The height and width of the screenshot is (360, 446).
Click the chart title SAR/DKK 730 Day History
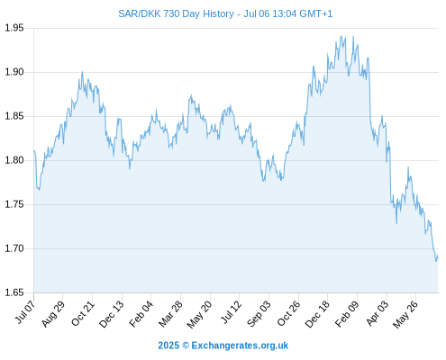click(176, 13)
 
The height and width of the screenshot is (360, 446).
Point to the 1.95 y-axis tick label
click(14, 28)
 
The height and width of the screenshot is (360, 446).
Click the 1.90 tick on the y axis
click(14, 72)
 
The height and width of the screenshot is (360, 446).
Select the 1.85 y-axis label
click(14, 116)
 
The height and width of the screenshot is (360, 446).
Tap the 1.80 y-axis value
click(14, 160)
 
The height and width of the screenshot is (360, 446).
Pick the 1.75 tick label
click(14, 204)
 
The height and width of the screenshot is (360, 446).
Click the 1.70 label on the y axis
click(14, 248)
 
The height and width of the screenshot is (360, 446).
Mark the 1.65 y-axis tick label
click(14, 292)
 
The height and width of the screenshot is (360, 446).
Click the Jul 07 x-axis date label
click(25, 312)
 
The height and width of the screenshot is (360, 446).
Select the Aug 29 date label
click(53, 313)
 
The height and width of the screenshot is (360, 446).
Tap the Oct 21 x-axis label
click(83, 313)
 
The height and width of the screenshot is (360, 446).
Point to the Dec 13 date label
click(112, 314)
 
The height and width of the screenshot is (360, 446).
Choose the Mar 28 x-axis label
click(170, 314)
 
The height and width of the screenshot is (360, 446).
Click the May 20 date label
click(199, 314)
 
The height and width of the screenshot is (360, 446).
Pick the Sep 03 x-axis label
click(259, 314)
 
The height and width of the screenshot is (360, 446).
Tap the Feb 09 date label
click(347, 314)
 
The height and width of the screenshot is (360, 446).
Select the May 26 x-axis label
click(405, 314)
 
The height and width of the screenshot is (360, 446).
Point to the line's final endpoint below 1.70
click(438, 257)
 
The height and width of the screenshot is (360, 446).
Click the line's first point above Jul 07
click(34, 150)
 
